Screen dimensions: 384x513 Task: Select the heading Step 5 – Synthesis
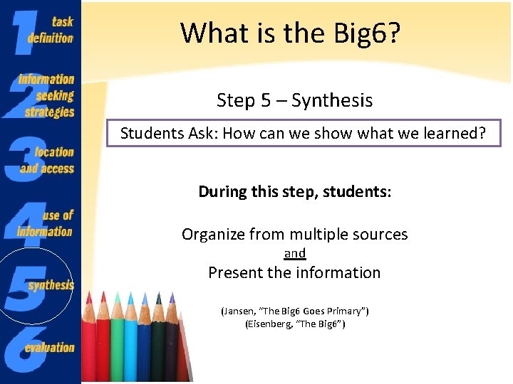(294, 100)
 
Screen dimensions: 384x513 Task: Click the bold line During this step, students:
(294, 191)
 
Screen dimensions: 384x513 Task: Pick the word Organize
(212, 234)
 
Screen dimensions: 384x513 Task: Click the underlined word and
(294, 253)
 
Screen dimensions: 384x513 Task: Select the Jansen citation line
(294, 311)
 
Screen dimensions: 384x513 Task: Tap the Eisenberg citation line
(294, 324)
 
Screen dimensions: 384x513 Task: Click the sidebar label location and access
(48, 160)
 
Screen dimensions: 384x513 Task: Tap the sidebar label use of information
(47, 223)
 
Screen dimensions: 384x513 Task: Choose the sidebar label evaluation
(49, 348)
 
